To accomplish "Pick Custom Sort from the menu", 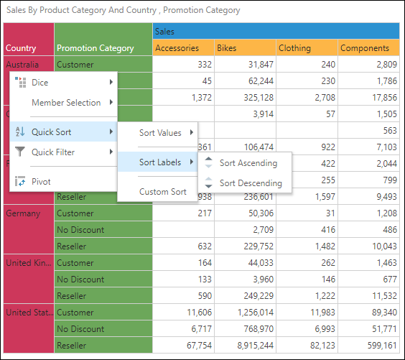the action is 163,192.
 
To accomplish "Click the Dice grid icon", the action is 20,82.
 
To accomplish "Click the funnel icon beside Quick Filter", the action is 20,152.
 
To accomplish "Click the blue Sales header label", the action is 164,32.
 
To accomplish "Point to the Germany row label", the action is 23,213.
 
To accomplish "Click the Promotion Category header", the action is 96,48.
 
